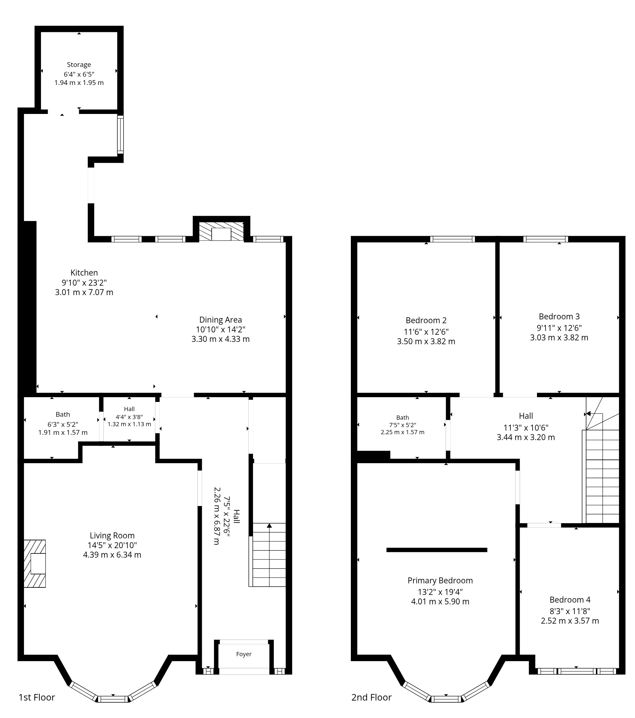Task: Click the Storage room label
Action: coord(79,65)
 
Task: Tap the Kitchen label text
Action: coord(84,273)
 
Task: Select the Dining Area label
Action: coord(220,320)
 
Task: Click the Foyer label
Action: coord(244,654)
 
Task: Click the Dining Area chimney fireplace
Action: coord(221,231)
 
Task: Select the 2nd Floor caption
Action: coord(371,697)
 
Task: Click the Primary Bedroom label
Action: coord(440,581)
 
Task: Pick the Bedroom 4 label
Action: coord(570,600)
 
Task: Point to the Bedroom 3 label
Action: coord(559,316)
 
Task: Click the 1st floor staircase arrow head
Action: coord(269,526)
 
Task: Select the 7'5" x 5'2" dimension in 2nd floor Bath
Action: coord(403,425)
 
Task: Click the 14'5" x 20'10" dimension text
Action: coord(112,545)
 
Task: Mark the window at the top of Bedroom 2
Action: coord(452,239)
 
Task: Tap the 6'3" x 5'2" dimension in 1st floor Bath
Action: coord(63,424)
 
